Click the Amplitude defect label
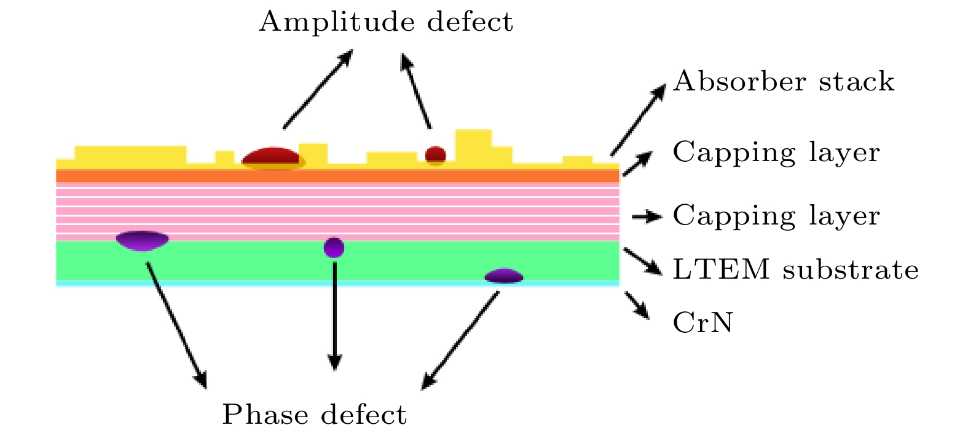click(385, 22)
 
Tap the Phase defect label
click(314, 415)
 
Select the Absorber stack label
click(783, 82)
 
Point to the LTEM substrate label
click(795, 269)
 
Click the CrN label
click(703, 322)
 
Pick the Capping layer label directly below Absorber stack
click(776, 152)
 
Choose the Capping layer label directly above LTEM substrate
click(776, 215)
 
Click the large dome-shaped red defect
click(272, 158)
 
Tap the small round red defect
click(435, 154)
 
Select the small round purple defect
click(334, 247)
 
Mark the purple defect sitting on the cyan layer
click(504, 276)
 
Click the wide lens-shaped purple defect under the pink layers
click(142, 240)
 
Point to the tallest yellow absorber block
click(473, 145)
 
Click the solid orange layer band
click(337, 176)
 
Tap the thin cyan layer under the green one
click(337, 284)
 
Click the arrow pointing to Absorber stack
click(638, 120)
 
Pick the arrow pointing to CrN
click(637, 305)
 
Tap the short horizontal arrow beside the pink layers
click(646, 216)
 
